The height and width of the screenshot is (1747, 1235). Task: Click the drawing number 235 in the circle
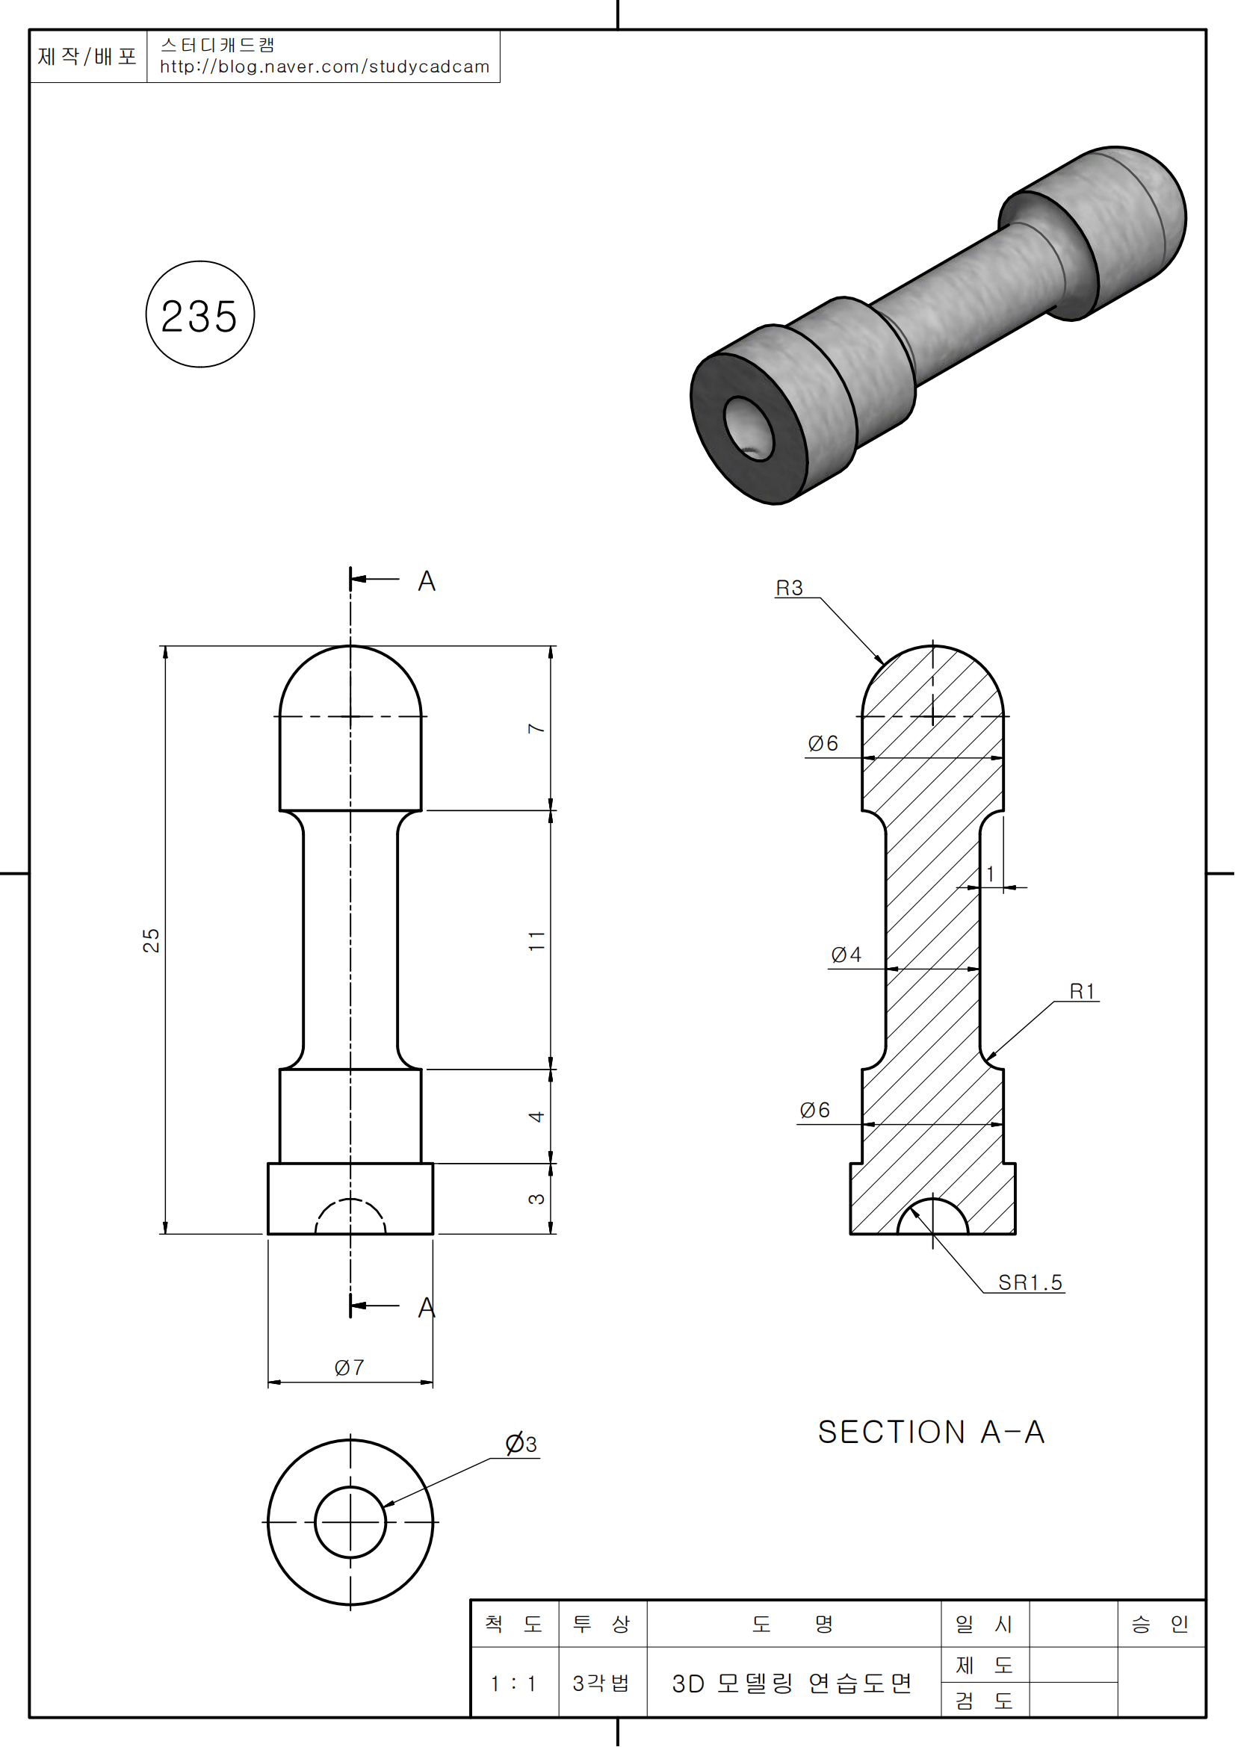[199, 316]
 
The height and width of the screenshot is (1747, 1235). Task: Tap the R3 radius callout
[789, 588]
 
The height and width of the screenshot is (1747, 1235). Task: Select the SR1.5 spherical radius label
[1030, 1283]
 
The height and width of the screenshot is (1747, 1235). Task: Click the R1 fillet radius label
[1082, 991]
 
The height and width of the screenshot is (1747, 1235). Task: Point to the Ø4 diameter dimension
[846, 955]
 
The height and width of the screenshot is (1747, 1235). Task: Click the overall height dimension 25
[152, 940]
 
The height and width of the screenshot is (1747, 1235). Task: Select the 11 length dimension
[536, 941]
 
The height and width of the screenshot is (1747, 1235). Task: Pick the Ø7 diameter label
[349, 1368]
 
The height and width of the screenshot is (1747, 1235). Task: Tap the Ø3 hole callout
[521, 1445]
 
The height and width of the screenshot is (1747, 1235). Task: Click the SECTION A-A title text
[932, 1433]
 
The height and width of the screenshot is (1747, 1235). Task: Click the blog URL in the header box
[324, 67]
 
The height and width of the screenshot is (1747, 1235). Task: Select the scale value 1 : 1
[513, 1684]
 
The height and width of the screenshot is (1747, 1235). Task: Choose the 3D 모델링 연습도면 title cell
[792, 1684]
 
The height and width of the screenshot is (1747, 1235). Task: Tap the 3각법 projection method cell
[601, 1684]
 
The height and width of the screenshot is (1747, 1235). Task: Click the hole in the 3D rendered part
[748, 428]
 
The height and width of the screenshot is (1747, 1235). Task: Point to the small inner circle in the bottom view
[350, 1522]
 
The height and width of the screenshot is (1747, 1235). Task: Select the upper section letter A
[426, 581]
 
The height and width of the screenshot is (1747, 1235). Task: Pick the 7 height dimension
[536, 728]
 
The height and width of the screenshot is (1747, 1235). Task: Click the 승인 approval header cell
[1160, 1625]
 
